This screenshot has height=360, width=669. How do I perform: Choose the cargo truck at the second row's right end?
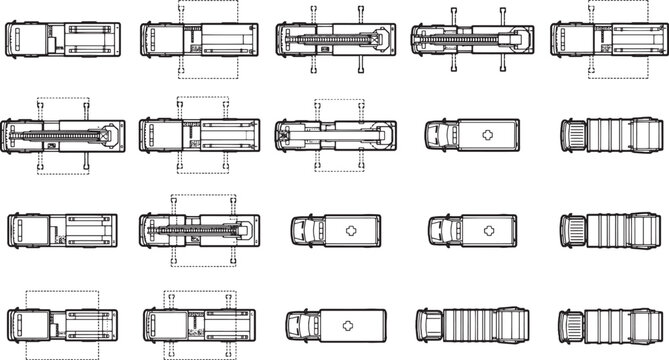(x=606, y=134)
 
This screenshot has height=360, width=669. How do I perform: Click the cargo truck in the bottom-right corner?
(x=606, y=326)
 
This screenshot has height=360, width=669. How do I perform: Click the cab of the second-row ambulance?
(x=440, y=134)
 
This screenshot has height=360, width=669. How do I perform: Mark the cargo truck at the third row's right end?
(x=606, y=229)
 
